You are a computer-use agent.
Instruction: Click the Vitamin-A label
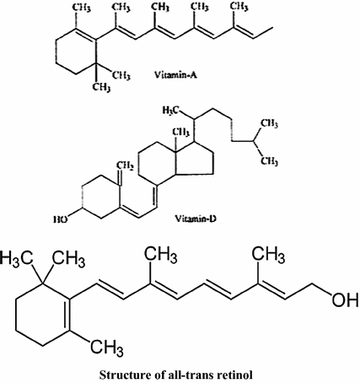pos(176,75)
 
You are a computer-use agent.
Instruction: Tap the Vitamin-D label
pos(196,218)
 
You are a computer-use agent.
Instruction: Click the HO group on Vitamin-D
pos(60,219)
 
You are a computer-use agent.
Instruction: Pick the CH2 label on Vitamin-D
pos(125,166)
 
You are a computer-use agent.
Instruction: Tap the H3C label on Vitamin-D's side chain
pos(170,111)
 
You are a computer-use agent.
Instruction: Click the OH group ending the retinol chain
pos(345,299)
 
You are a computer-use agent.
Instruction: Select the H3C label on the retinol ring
pos(17,258)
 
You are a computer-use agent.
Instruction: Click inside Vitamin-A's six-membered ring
pos(75,51)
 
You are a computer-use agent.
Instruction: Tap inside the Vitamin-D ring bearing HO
pos(101,197)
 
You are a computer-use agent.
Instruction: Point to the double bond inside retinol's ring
pos(67,315)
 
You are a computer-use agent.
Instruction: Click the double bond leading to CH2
pos(120,177)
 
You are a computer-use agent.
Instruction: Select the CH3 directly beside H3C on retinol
pos(69,259)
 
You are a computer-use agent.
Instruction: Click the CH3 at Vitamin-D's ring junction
pos(180,132)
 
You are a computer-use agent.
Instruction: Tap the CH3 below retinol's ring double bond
pos(107,348)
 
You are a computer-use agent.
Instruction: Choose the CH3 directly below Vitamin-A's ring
pos(101,87)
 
